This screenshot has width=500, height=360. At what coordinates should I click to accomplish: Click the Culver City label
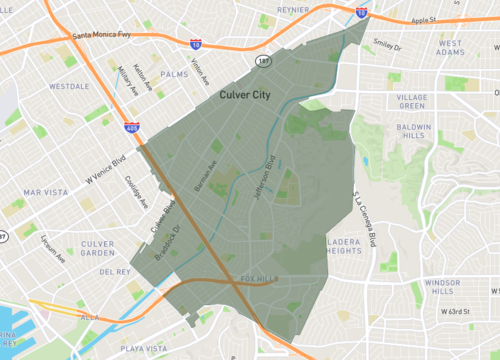[246, 94]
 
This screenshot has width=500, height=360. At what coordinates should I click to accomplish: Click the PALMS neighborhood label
[174, 73]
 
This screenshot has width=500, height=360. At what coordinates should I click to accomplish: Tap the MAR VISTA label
[45, 191]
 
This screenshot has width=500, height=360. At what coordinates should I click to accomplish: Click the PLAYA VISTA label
[141, 349]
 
